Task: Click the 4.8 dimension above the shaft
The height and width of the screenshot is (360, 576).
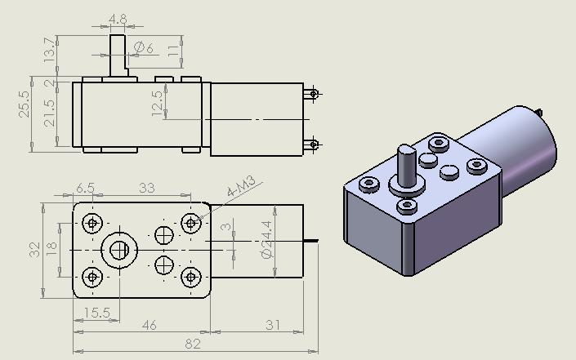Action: tap(118, 18)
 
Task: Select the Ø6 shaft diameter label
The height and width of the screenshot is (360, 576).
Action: tap(145, 48)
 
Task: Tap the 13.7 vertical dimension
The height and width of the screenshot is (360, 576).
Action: tap(51, 51)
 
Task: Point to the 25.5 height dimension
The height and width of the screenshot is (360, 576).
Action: tap(24, 104)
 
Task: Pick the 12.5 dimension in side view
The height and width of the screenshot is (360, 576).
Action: tap(157, 104)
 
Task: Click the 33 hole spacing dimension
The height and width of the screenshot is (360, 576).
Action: tap(146, 188)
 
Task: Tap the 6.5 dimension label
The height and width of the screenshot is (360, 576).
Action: tap(85, 188)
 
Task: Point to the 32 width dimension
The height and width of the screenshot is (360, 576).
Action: tap(34, 250)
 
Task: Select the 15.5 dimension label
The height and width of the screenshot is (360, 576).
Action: tap(96, 313)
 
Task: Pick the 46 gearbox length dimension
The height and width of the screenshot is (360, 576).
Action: tap(150, 326)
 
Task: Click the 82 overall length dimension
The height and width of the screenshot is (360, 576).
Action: tap(193, 344)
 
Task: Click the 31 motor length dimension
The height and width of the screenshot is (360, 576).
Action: tap(273, 326)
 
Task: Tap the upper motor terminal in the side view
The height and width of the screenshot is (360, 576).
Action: tap(312, 94)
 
